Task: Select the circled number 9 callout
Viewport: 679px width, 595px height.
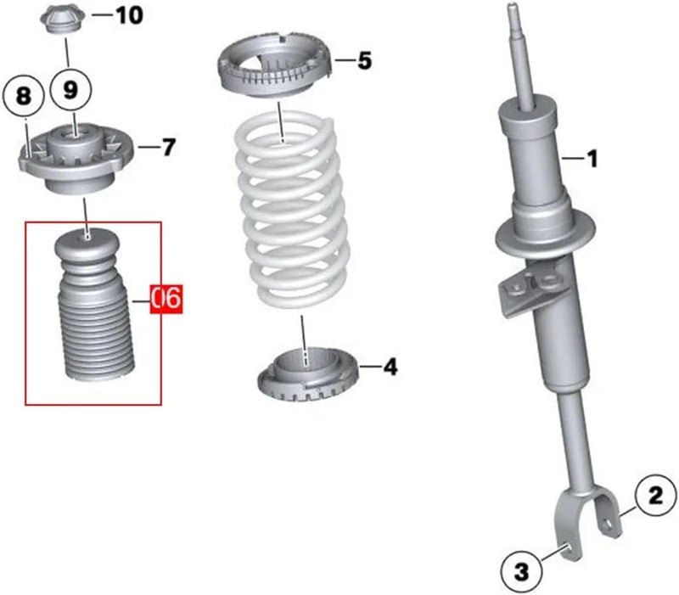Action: [x=71, y=88]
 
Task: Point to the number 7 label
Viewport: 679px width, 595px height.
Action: [x=168, y=148]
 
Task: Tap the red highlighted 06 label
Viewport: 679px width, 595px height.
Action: [x=166, y=298]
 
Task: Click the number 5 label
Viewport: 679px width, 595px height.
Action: [x=363, y=60]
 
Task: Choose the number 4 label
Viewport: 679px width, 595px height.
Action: [x=390, y=367]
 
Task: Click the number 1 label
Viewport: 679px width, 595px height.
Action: [x=592, y=157]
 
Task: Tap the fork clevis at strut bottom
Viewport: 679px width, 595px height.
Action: [x=586, y=519]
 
